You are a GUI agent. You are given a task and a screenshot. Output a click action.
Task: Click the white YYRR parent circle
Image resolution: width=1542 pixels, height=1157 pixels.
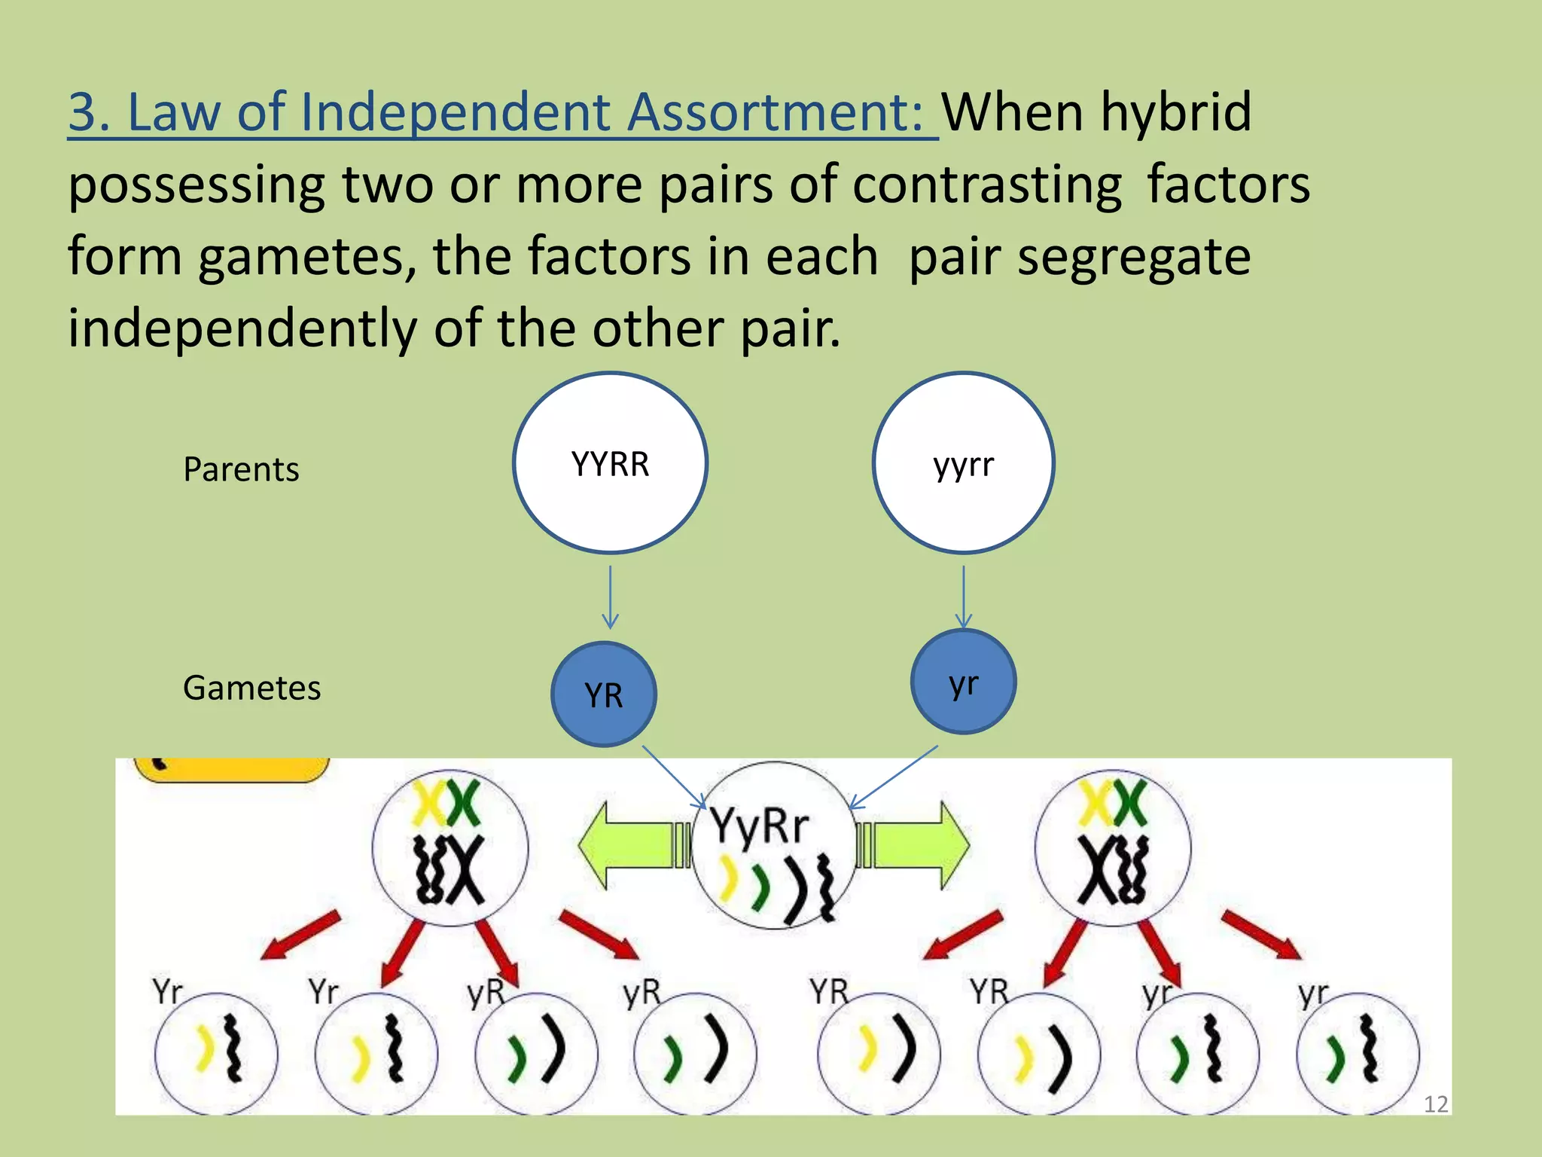click(x=610, y=462)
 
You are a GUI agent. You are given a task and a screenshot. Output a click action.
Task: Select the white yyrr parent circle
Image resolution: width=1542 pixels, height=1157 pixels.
click(x=963, y=462)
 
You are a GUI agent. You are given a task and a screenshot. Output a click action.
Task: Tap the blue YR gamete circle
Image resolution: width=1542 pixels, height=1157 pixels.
click(x=604, y=694)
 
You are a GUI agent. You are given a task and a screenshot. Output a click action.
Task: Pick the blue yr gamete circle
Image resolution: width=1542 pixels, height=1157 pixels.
click(x=963, y=682)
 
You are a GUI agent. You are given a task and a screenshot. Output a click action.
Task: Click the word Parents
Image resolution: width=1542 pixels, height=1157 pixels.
click(x=241, y=469)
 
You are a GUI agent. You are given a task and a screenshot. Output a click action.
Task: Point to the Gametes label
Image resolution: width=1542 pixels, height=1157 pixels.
click(x=251, y=688)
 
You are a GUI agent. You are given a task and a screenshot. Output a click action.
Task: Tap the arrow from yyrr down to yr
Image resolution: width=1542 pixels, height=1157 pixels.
click(x=963, y=595)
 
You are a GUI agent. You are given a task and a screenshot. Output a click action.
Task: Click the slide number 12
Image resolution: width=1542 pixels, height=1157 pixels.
click(x=1435, y=1104)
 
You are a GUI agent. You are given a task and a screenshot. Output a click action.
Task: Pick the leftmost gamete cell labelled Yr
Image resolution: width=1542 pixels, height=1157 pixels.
click(x=216, y=1053)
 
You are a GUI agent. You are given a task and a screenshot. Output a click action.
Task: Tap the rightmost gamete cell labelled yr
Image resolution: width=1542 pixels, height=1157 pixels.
click(x=1358, y=1053)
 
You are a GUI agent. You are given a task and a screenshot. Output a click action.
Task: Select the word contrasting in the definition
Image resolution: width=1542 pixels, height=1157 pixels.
click(x=986, y=185)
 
